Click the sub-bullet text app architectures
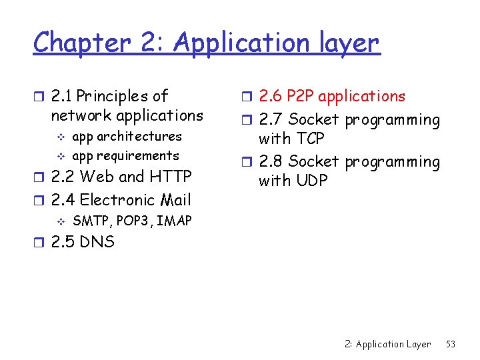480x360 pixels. tap(127, 136)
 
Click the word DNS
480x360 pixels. tap(97, 241)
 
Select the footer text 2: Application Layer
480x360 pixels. tap(387, 344)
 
